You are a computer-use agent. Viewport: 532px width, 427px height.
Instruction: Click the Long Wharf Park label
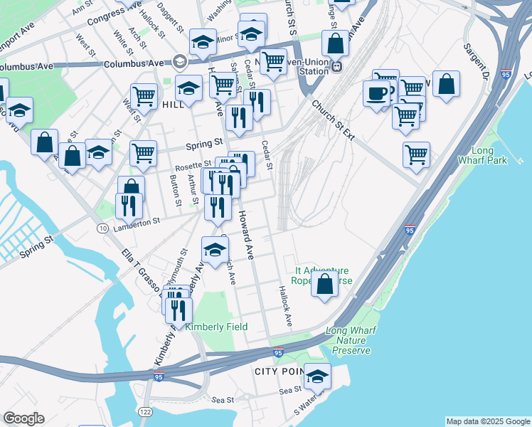(x=491, y=155)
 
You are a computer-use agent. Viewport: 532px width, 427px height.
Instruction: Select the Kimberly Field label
(x=216, y=327)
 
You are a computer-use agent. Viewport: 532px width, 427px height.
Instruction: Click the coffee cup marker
(x=376, y=93)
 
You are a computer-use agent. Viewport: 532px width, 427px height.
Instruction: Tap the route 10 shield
(x=103, y=228)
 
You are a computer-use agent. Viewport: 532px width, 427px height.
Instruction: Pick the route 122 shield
(x=145, y=412)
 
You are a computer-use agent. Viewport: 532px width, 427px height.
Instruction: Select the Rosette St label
(x=189, y=167)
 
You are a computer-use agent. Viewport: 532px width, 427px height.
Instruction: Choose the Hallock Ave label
(x=286, y=307)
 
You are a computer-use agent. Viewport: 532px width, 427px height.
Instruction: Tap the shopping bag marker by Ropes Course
(x=325, y=284)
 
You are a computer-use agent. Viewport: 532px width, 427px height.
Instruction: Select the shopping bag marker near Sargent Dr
(x=445, y=83)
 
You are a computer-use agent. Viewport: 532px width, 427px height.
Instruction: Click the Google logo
(x=23, y=418)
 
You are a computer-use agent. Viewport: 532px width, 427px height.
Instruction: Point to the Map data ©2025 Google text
(x=488, y=421)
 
